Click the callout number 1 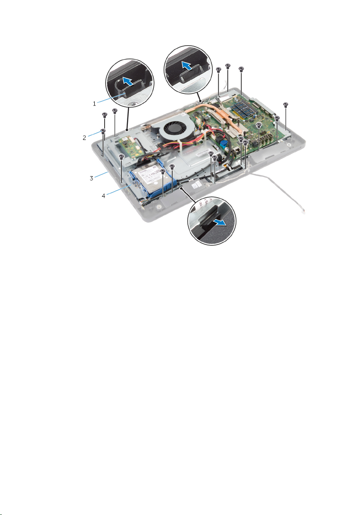(x=94, y=104)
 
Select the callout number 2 (x=84, y=138)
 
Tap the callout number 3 (x=92, y=178)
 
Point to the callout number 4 (x=103, y=196)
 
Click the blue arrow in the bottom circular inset (x=220, y=223)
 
